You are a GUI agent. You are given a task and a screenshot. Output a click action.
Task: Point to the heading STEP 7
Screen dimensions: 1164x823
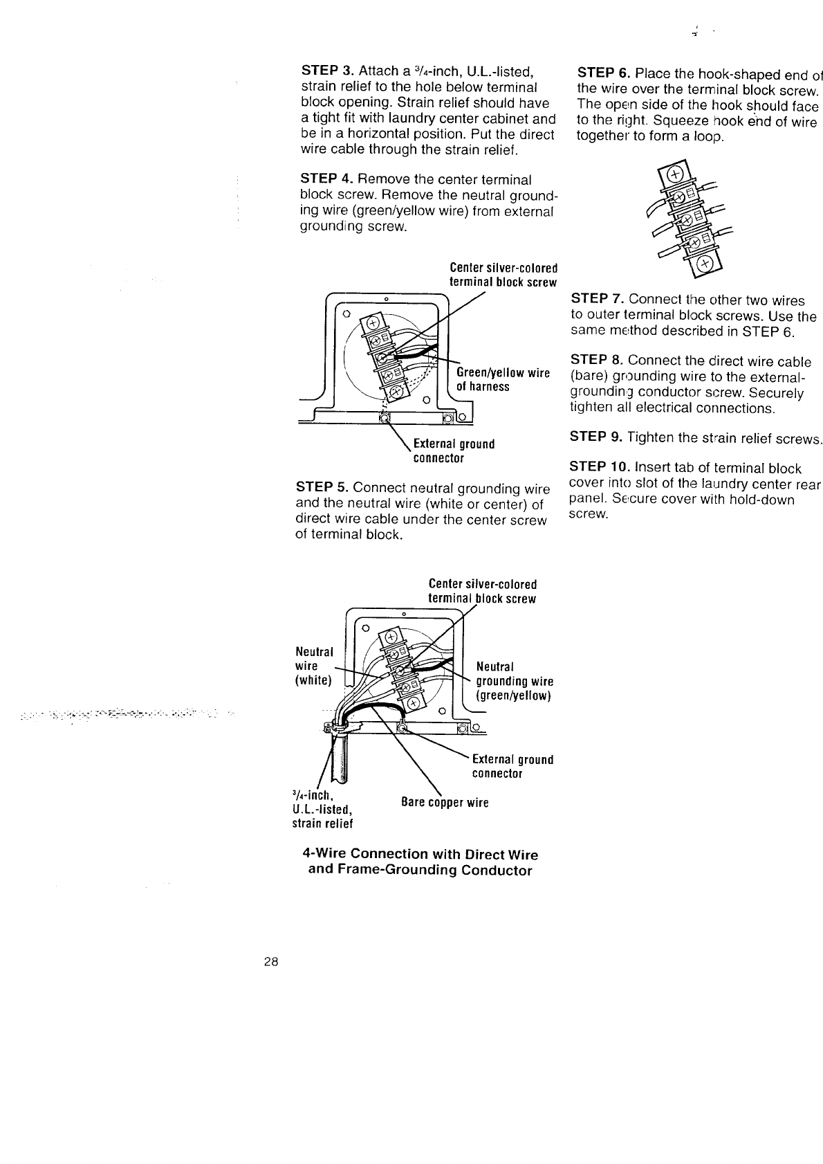(597, 300)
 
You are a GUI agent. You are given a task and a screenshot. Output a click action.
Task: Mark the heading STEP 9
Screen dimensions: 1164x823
(597, 437)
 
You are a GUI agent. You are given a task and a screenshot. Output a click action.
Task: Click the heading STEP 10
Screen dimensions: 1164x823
(600, 469)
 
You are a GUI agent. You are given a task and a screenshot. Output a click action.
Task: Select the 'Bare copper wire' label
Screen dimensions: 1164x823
(445, 803)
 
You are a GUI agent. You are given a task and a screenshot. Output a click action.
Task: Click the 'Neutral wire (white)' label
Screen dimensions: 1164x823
(315, 666)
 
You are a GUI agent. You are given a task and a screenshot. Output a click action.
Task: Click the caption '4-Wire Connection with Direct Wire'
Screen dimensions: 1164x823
(420, 854)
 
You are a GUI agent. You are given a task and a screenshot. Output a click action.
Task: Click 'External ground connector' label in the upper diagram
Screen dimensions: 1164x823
(453, 451)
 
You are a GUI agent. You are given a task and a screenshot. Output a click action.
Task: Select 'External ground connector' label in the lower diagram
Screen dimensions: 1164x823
(512, 766)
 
